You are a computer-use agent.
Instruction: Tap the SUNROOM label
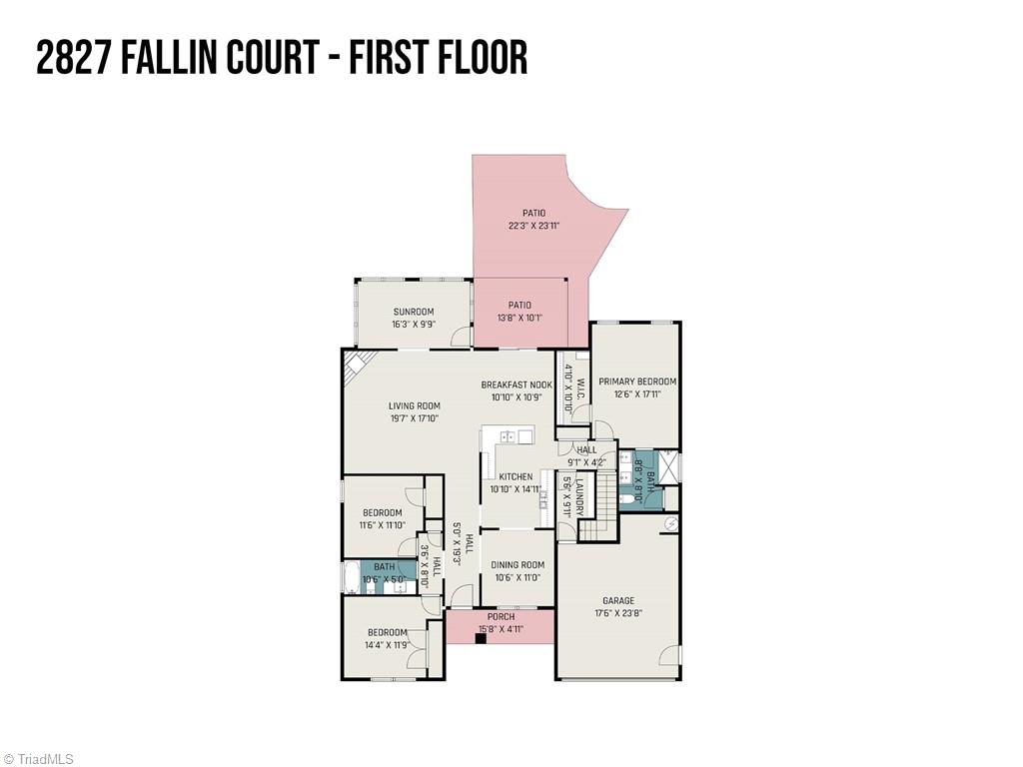click(413, 312)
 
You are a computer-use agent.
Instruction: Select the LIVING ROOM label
click(414, 405)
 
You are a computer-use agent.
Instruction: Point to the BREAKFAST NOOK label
click(515, 384)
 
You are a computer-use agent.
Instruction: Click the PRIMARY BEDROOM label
click(636, 382)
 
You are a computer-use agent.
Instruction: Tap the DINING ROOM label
click(516, 564)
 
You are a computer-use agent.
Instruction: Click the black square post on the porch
click(481, 637)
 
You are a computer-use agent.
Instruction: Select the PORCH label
click(501, 617)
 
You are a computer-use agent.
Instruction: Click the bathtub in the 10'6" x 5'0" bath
click(351, 578)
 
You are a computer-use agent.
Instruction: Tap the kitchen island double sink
click(509, 436)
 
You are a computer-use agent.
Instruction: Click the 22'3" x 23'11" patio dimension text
click(533, 226)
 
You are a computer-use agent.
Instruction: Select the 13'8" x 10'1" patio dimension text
click(519, 318)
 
